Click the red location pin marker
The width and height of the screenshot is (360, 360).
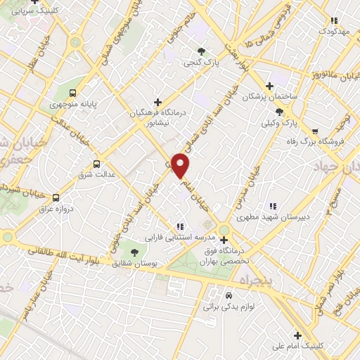click(181, 165)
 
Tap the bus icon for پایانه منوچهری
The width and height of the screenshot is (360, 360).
click(73, 93)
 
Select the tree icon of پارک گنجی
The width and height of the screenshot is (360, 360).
click(202, 51)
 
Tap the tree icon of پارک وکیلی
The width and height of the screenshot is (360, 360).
click(279, 112)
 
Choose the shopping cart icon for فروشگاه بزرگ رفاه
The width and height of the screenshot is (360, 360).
click(315, 131)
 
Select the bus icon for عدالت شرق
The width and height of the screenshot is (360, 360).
click(98, 162)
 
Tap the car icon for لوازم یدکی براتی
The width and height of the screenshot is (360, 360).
click(229, 295)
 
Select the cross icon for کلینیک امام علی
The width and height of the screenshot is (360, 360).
click(298, 335)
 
